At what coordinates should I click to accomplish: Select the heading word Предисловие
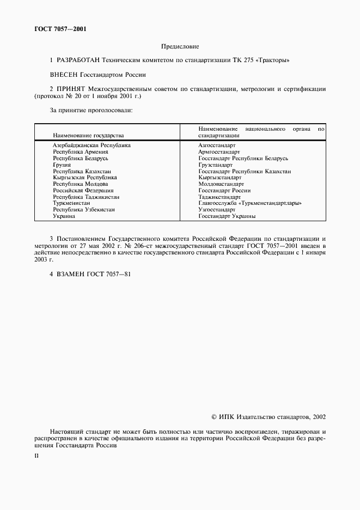tap(180, 47)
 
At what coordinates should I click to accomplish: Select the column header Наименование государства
tap(88, 135)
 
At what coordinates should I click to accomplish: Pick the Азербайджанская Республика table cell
tap(91, 145)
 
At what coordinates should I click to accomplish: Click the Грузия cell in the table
tap(62, 165)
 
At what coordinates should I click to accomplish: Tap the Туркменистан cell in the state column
tap(71, 203)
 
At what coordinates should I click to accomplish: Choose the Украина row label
tap(64, 216)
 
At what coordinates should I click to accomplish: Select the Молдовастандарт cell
tap(221, 184)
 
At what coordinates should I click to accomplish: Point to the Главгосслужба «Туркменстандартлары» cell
tap(250, 203)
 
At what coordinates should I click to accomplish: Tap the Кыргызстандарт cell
tap(219, 178)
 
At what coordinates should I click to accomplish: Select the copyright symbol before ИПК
tap(214, 417)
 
